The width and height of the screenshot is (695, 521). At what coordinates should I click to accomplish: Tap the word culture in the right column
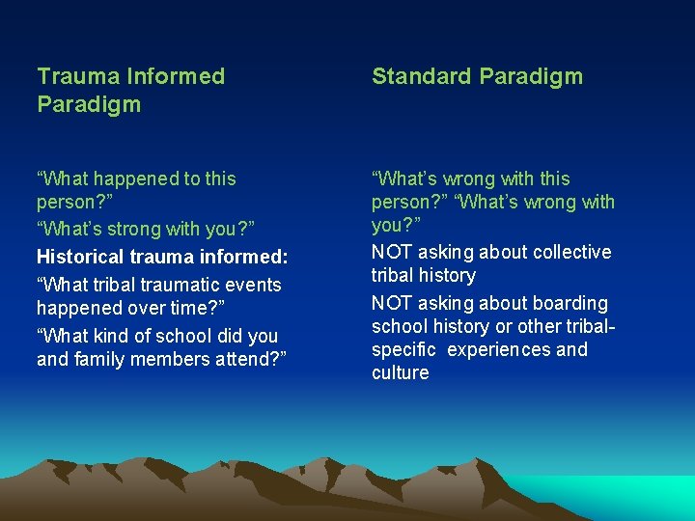click(x=400, y=372)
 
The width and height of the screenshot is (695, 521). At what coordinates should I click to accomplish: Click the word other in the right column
click(x=541, y=326)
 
